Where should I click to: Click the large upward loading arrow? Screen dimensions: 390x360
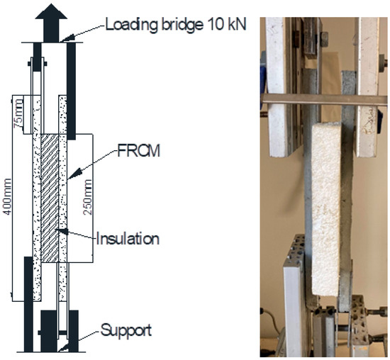[x=51, y=23]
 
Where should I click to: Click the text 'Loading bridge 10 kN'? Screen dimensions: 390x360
[x=176, y=25]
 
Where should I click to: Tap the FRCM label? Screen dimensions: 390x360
[x=138, y=150]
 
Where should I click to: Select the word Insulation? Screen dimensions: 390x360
[x=128, y=238]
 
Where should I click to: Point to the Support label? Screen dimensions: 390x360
[x=126, y=331]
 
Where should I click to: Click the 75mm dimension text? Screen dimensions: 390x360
[x=18, y=113]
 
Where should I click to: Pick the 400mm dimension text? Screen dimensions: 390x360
[x=7, y=197]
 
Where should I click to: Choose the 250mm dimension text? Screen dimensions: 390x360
[x=87, y=197]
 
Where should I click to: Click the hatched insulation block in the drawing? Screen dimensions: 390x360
[x=50, y=198]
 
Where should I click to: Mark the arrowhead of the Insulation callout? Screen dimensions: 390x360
[x=63, y=231]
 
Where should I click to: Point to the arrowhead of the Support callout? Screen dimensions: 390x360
[x=63, y=347]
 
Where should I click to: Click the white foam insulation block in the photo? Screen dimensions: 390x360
[x=326, y=209]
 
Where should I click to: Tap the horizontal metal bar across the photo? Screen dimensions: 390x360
[x=324, y=99]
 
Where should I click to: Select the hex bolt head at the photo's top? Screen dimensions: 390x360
[x=324, y=39]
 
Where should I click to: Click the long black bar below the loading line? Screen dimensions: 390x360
[x=71, y=91]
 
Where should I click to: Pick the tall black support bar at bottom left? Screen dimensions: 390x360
[x=28, y=304]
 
